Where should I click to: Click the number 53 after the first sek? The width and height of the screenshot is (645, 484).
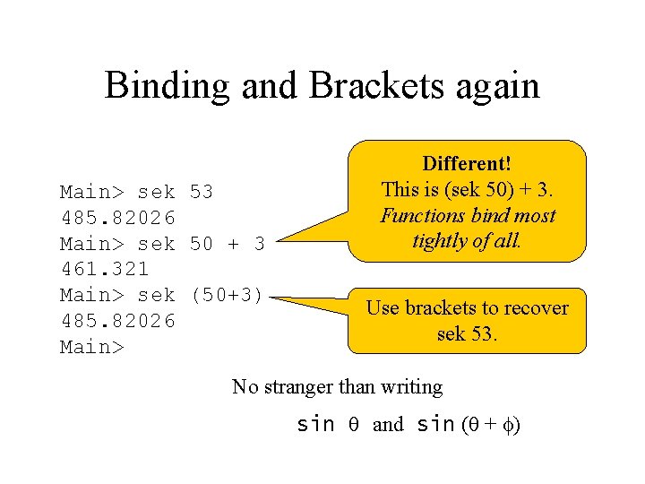[x=202, y=192]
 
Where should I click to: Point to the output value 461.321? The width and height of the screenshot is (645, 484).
[x=104, y=268]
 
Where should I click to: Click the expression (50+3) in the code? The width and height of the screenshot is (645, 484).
[x=228, y=294]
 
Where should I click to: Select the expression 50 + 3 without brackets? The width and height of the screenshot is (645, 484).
[x=228, y=243]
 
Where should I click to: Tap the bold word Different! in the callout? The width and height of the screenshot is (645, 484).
[x=467, y=164]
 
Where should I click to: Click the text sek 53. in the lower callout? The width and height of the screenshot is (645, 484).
[x=467, y=334]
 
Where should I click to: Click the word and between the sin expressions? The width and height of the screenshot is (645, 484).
[x=388, y=425]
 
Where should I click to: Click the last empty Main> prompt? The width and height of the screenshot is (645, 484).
[x=90, y=346]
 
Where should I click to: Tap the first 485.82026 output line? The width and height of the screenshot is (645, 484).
[x=116, y=217]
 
